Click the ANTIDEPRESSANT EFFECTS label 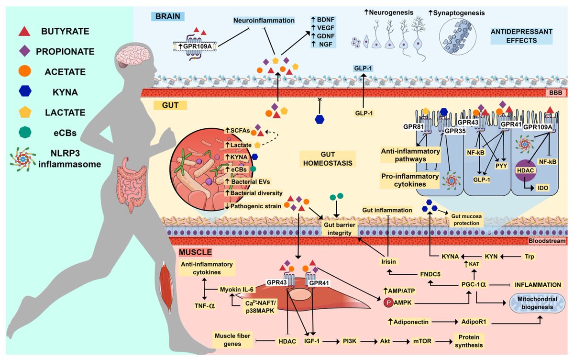pos(521,35)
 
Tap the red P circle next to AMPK pos(388,303)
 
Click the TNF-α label pos(204,305)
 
